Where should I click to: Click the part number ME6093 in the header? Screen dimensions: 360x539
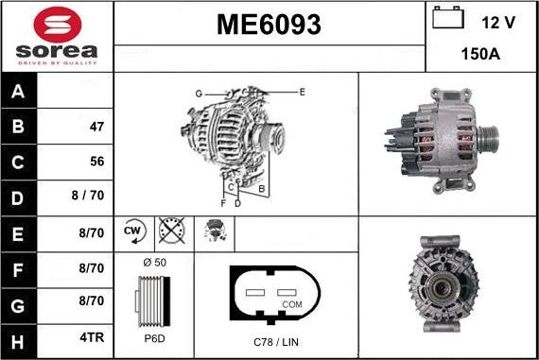click(x=269, y=26)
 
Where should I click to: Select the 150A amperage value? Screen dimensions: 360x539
click(x=480, y=55)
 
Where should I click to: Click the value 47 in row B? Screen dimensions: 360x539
click(x=96, y=127)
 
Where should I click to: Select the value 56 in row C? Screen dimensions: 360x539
click(x=96, y=162)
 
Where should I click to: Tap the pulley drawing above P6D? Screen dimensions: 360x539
click(x=153, y=301)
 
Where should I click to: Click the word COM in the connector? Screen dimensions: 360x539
click(x=294, y=305)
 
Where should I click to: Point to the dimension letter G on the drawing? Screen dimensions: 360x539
click(x=199, y=93)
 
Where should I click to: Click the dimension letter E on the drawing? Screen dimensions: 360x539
click(x=302, y=92)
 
